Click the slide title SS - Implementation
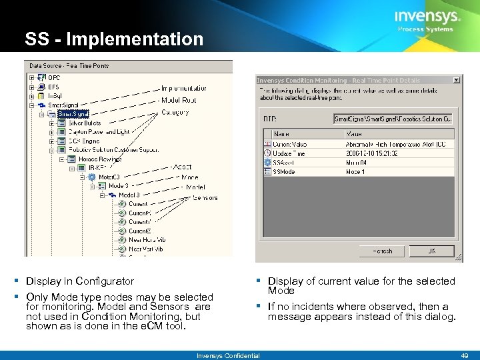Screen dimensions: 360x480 coord(114,39)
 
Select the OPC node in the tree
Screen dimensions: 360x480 coord(54,77)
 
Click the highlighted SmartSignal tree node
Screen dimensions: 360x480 coord(73,114)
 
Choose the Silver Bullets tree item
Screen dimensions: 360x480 coord(84,123)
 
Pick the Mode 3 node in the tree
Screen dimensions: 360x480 coord(118,186)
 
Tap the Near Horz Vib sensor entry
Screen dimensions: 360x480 coord(146,239)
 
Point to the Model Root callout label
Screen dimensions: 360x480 coord(179,100)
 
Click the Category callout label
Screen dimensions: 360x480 coord(175,112)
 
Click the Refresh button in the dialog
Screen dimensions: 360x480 coord(382,251)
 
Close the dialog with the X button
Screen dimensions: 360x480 coord(456,80)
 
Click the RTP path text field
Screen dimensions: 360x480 coord(393,119)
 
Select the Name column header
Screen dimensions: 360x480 coord(283,134)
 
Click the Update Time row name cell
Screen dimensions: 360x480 coord(289,153)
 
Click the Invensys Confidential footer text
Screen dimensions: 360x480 coord(228,355)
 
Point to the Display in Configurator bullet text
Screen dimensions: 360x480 coord(80,281)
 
